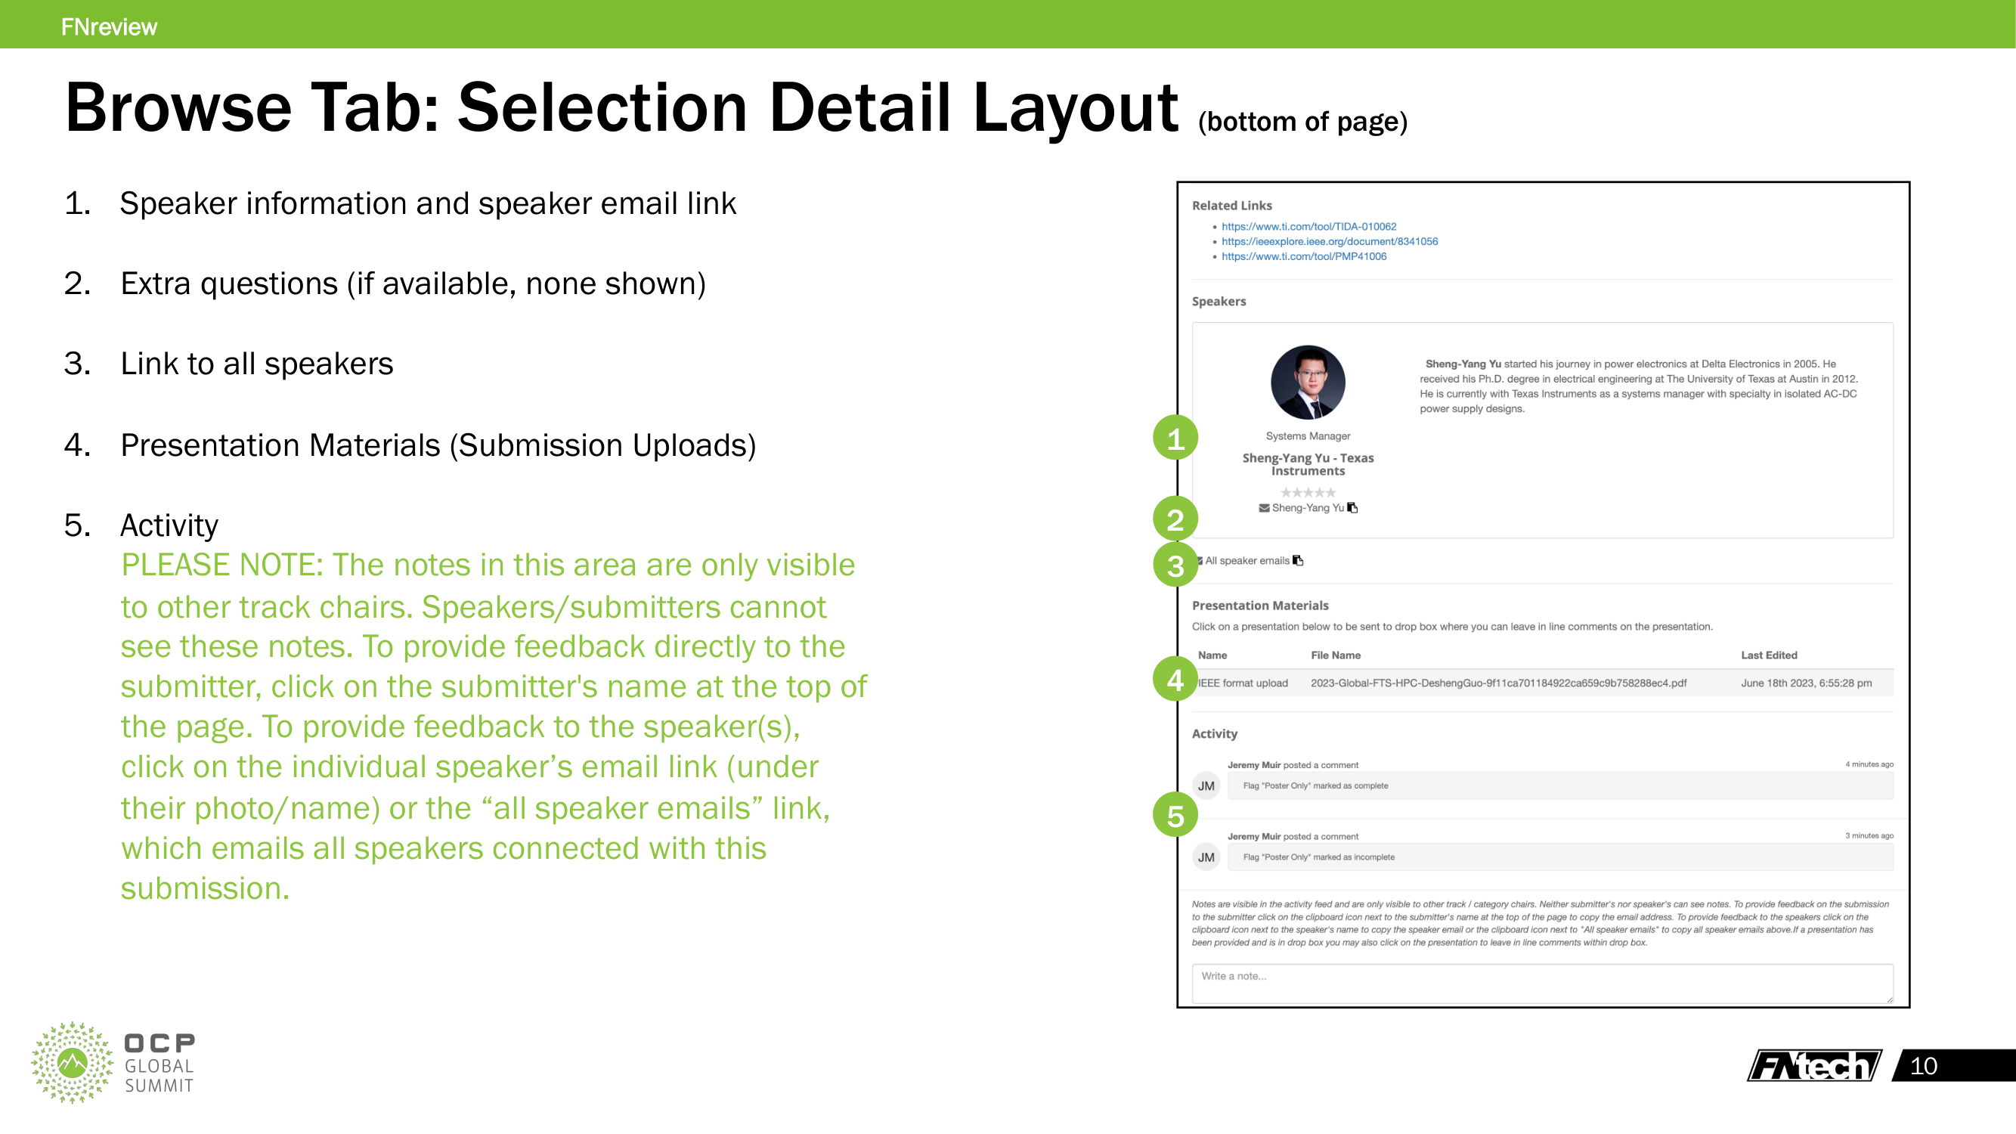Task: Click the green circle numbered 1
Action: click(x=1175, y=438)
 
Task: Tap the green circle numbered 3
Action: click(x=1175, y=564)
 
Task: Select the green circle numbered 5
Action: click(x=1175, y=815)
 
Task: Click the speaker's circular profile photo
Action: click(x=1307, y=383)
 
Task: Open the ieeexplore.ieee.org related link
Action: click(x=1329, y=242)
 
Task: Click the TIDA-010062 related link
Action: click(x=1308, y=227)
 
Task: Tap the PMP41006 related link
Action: click(x=1303, y=257)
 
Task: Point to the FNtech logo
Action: click(x=1814, y=1065)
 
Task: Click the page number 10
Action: click(x=1923, y=1066)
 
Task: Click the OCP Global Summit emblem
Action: click(x=73, y=1062)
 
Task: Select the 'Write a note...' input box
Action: click(x=1542, y=982)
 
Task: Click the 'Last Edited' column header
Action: click(x=1769, y=655)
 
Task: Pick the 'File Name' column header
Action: click(x=1335, y=655)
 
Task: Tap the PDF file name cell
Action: click(x=1498, y=683)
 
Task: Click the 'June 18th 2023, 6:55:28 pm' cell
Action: click(x=1805, y=683)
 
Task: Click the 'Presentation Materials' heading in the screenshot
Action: click(x=1260, y=606)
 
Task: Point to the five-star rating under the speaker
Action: click(x=1307, y=492)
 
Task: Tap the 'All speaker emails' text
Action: click(x=1246, y=561)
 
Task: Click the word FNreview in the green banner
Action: click(x=109, y=26)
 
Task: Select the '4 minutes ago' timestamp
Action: click(x=1869, y=764)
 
